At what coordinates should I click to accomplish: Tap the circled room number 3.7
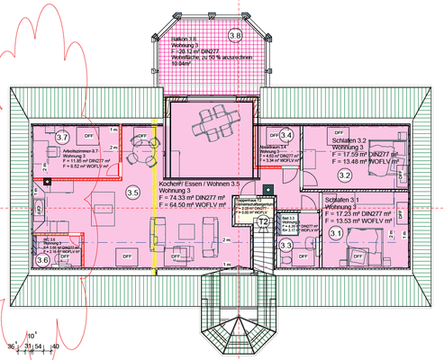[x=62, y=137]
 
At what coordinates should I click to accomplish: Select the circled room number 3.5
[x=132, y=192]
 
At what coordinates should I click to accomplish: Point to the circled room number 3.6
[x=42, y=260]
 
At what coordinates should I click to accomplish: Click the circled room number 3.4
[x=286, y=135]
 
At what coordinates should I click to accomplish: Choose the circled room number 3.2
[x=344, y=175]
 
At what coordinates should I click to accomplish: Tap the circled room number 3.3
[x=286, y=245]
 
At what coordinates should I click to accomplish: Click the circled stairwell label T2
[x=264, y=220]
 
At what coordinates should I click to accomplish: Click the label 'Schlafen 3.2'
[x=349, y=141]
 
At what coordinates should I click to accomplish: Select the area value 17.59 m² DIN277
[x=362, y=155]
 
